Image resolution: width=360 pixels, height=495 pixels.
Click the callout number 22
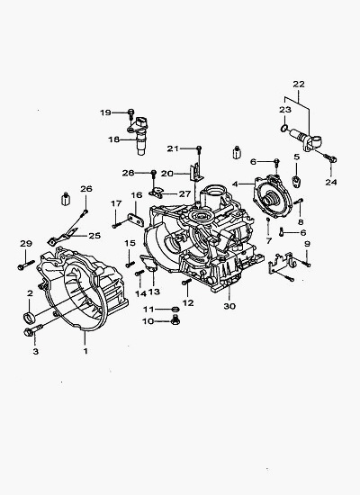coord(299,85)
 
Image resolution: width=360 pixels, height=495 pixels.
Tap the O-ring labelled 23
coord(284,128)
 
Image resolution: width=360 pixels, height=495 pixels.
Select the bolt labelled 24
coord(330,157)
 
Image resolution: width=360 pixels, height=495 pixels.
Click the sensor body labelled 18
coord(140,136)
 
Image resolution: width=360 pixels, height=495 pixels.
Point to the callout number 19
coord(105,112)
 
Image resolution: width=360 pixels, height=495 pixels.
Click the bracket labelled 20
coord(196,172)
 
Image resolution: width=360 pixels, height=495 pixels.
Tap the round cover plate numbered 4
coord(273,196)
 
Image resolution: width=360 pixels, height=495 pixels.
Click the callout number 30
coord(229,306)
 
